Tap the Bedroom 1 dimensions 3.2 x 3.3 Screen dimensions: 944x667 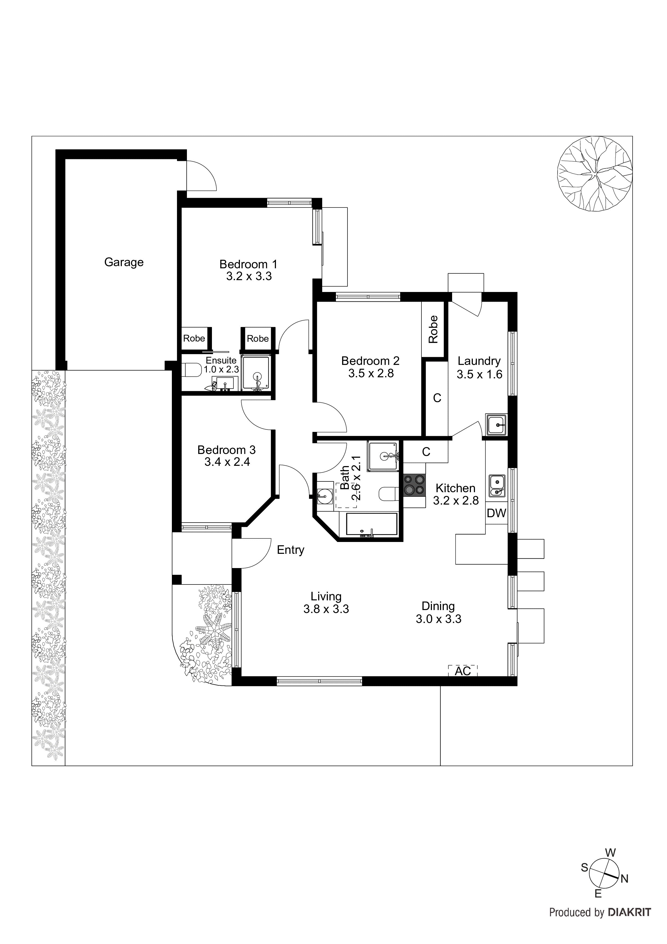pos(249,276)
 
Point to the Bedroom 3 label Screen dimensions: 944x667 pos(226,450)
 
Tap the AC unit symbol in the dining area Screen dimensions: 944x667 pos(463,671)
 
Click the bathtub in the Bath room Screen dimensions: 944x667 pos(371,525)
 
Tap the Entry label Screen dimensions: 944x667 pos(290,550)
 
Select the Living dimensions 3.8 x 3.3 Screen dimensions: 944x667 pos(326,609)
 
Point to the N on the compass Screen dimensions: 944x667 pos(624,879)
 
